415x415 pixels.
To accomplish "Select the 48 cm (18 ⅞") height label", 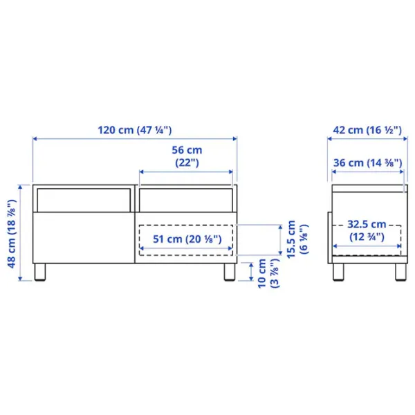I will [11, 232].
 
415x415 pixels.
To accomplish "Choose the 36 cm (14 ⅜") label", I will [366, 163].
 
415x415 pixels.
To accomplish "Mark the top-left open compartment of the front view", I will [83, 199].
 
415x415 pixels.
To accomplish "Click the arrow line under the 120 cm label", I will [135, 139].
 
